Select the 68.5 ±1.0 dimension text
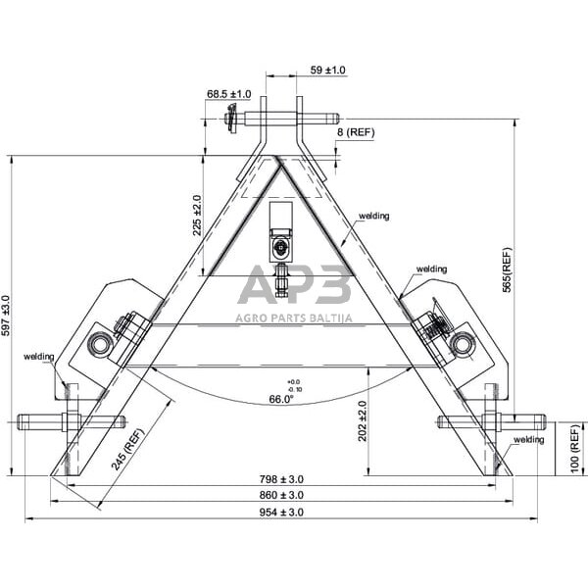point(228,94)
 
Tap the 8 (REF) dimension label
point(355,132)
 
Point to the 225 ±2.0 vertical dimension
point(197,215)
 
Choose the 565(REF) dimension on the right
point(507,272)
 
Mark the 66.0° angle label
point(281,399)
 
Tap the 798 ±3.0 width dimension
point(281,479)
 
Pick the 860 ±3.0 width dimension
point(281,496)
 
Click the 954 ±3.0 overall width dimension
point(281,513)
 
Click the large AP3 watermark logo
point(295,287)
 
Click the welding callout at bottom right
point(528,440)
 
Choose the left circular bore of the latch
point(100,343)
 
